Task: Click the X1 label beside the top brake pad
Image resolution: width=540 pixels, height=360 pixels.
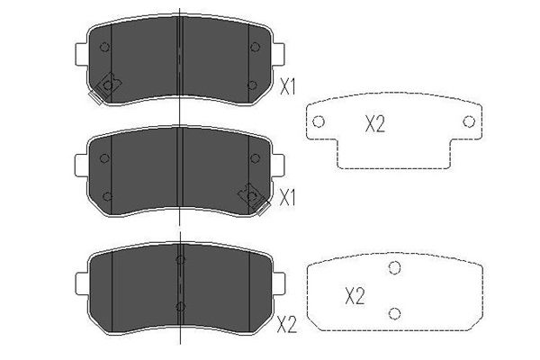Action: [x=288, y=86]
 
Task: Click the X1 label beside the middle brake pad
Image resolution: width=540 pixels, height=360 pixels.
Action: [x=288, y=198]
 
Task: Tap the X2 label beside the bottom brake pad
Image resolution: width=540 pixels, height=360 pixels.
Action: [x=287, y=325]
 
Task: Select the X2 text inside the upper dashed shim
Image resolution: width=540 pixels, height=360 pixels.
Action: [x=375, y=124]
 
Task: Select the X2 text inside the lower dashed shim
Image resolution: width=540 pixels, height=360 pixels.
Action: [x=355, y=296]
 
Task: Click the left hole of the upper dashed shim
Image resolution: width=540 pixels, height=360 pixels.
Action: [x=319, y=121]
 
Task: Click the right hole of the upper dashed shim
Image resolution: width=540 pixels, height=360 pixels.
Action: [x=469, y=121]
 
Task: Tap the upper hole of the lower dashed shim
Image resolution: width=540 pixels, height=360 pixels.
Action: [x=395, y=267]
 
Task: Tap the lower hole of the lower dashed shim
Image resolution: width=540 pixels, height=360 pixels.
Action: [x=395, y=313]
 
